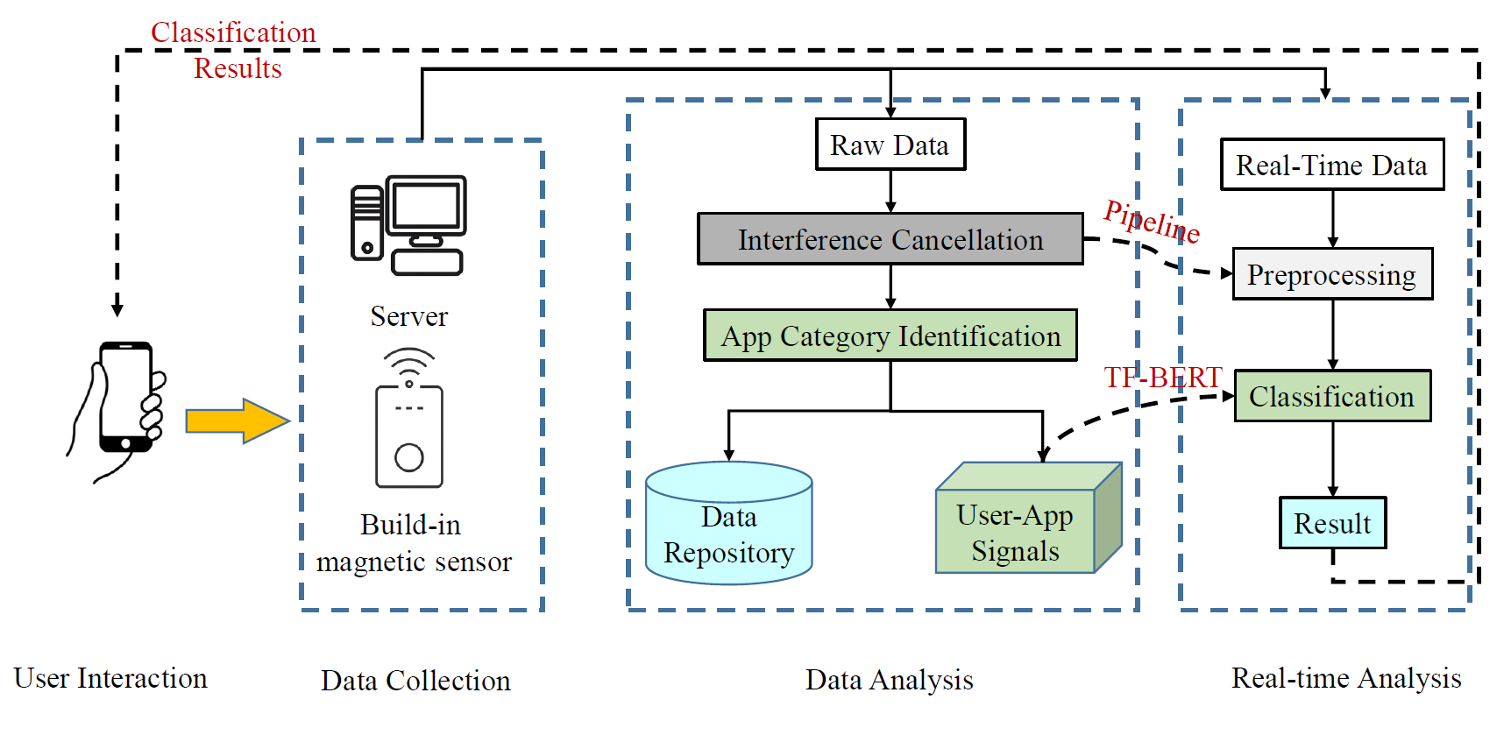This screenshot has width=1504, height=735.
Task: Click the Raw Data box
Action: click(890, 145)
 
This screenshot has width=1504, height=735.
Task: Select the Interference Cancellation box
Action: click(890, 239)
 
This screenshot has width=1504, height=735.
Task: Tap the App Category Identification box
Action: click(890, 336)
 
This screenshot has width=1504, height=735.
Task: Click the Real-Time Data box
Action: click(1331, 165)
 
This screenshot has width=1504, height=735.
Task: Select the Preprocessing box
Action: click(1331, 274)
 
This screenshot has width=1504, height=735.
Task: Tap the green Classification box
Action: click(1331, 396)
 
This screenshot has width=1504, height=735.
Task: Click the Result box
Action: click(1332, 523)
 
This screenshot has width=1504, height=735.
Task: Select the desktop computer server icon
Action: click(408, 226)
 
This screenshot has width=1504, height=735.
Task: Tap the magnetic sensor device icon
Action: click(409, 421)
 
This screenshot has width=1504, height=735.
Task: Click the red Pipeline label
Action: click(1151, 221)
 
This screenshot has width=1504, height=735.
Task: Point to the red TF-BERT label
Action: click(1162, 378)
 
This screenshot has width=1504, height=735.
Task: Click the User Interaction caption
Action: click(110, 678)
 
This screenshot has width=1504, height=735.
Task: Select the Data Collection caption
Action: click(415, 681)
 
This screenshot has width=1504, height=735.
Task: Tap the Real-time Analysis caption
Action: click(1346, 678)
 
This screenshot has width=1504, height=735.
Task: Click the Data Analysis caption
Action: click(889, 680)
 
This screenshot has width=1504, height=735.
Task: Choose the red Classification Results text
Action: click(234, 50)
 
